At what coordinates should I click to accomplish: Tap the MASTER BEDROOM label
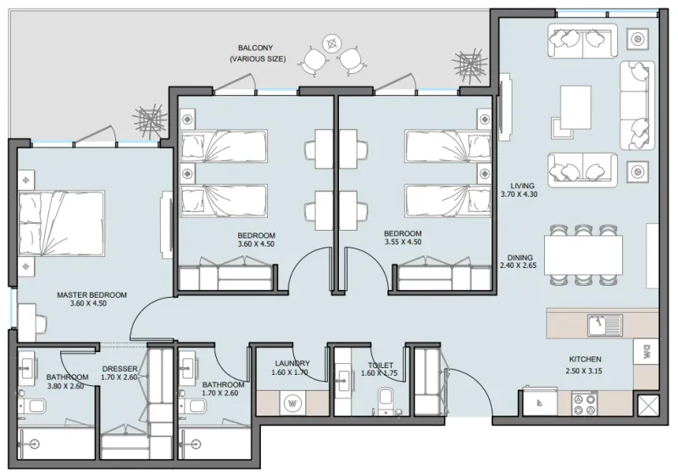pos(92,295)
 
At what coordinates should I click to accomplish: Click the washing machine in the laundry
pos(294,402)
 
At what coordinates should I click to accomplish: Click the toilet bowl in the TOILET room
pos(386,398)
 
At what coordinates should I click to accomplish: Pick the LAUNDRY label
pos(292,363)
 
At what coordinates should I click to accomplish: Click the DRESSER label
pos(119,369)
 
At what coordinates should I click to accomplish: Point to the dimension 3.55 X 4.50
pos(402,243)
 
